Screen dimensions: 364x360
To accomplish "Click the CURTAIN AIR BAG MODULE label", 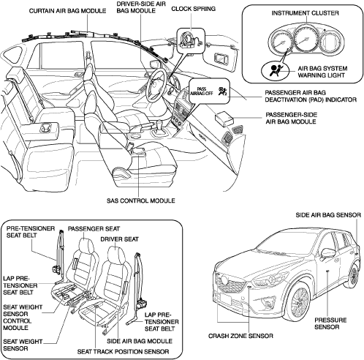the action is click(x=67, y=11).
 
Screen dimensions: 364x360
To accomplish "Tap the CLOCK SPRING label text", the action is click(x=194, y=9).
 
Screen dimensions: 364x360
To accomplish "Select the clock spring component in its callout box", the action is click(x=190, y=40).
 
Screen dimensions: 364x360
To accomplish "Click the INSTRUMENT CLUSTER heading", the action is click(x=305, y=13).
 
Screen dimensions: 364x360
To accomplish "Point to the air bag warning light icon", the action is click(x=275, y=70).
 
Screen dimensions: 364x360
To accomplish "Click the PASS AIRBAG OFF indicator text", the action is click(x=202, y=91).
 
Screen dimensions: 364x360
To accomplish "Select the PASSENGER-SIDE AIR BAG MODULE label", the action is click(x=292, y=119).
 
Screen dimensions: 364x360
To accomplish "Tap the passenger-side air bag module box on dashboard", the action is click(x=224, y=118).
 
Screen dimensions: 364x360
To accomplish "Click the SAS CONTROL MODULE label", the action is click(x=141, y=200).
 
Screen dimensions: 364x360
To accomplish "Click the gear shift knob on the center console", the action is click(x=159, y=124).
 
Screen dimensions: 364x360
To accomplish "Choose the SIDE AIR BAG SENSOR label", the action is click(x=328, y=215).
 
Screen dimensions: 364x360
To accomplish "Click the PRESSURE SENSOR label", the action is click(x=330, y=323).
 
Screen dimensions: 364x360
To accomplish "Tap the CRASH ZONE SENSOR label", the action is click(x=240, y=336).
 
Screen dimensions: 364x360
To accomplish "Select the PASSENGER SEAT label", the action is click(x=94, y=229).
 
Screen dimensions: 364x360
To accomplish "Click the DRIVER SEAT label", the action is click(x=119, y=239).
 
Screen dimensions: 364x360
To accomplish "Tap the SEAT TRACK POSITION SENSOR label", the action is click(x=123, y=352).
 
